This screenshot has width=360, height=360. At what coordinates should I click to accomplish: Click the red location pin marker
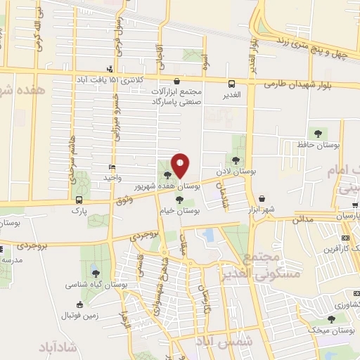click(x=180, y=165)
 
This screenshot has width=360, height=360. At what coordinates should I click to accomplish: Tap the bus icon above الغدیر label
click(x=232, y=82)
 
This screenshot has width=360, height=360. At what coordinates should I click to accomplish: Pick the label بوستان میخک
click(x=333, y=330)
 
